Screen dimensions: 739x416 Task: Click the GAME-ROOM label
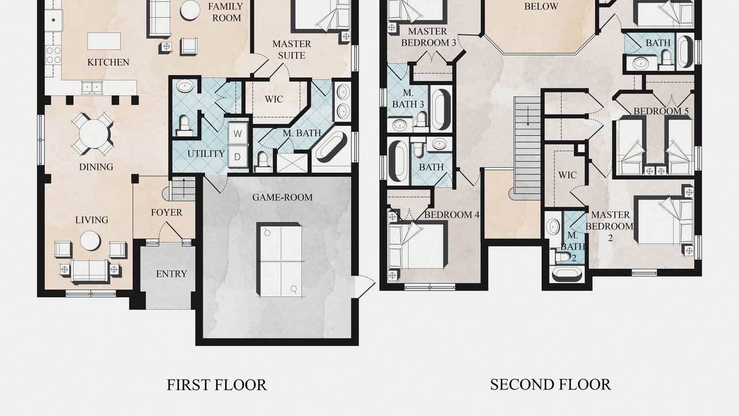(282, 198)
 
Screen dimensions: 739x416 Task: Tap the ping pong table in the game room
(279, 260)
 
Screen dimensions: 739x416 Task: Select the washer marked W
(237, 133)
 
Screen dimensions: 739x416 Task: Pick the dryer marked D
(237, 157)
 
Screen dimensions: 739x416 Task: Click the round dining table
(94, 133)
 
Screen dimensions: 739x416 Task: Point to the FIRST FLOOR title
(217, 385)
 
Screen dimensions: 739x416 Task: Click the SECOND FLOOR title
(550, 385)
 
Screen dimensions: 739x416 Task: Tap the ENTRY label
(171, 274)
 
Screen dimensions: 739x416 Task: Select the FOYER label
(166, 212)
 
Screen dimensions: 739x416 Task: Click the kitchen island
(104, 41)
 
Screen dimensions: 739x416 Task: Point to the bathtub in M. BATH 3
(441, 109)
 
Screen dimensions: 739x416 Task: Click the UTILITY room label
(206, 154)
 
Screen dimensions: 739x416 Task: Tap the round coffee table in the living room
(90, 240)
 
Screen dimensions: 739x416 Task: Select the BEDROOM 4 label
(451, 215)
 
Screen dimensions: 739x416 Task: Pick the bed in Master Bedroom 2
(664, 220)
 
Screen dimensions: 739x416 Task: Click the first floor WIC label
(274, 99)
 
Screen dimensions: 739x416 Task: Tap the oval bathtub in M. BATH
(331, 147)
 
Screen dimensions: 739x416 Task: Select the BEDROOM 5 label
(661, 112)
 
